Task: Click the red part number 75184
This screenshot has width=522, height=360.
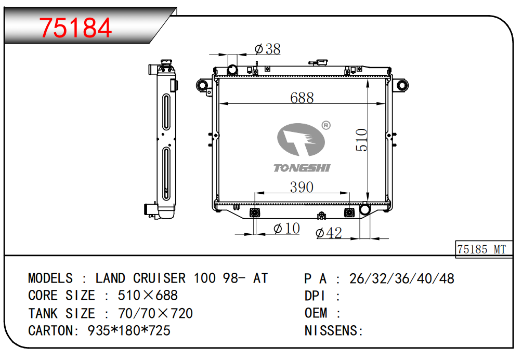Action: pyautogui.click(x=75, y=28)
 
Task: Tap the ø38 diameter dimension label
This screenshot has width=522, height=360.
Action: pyautogui.click(x=267, y=49)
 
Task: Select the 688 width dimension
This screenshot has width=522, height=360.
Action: pyautogui.click(x=302, y=98)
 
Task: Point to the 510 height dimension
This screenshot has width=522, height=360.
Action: pyautogui.click(x=361, y=140)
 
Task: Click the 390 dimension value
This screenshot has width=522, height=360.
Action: pyautogui.click(x=302, y=187)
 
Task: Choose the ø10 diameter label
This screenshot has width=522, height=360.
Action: pyautogui.click(x=286, y=228)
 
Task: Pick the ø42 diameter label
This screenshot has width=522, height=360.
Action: pyautogui.click(x=329, y=233)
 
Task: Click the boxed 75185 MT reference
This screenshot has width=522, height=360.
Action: pyautogui.click(x=481, y=249)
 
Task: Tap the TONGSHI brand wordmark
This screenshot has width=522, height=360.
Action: pyautogui.click(x=302, y=168)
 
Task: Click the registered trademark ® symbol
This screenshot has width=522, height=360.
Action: pyautogui.click(x=326, y=125)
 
